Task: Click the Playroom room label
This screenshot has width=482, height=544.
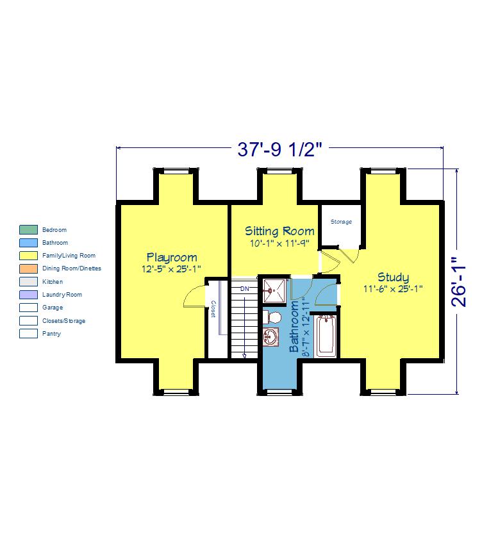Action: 172,258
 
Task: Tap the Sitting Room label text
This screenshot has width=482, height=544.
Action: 279,231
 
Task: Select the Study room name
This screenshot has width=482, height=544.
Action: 393,277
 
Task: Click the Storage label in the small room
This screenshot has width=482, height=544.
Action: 341,222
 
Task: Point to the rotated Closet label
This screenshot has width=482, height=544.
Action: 213,309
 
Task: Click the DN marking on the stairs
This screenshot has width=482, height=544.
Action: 245,288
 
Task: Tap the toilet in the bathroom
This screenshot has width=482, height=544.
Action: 272,317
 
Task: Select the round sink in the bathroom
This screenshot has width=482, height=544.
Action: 270,337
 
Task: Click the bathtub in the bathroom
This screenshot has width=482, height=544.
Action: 326,336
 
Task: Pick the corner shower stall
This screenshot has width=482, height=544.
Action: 274,290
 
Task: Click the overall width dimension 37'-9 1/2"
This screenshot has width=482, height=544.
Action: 279,149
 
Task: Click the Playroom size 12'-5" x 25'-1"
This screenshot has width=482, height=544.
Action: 171,269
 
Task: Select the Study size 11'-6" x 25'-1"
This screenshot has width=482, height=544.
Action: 393,288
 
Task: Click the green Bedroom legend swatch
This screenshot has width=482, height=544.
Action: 28,229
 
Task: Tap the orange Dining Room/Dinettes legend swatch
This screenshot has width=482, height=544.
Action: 28,268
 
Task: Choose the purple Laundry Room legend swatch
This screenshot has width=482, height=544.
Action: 28,295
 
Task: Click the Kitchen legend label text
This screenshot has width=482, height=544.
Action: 53,282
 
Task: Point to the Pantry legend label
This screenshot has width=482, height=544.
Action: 51,334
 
